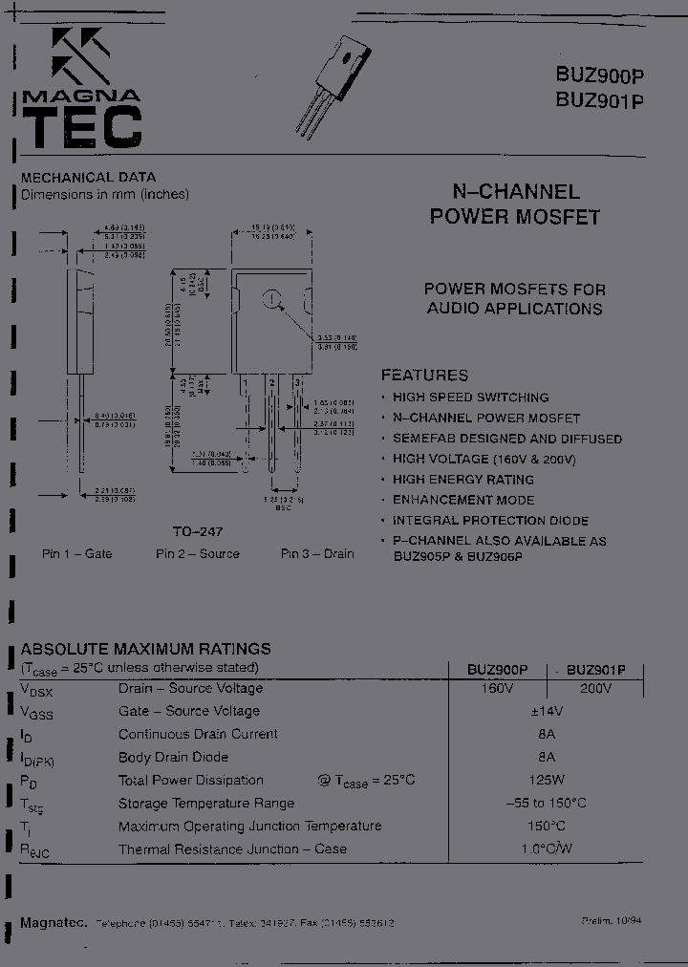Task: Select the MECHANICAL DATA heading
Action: click(x=89, y=177)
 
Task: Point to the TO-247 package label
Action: click(x=198, y=530)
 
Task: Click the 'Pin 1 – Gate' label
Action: click(x=77, y=553)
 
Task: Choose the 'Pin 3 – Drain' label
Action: click(x=317, y=553)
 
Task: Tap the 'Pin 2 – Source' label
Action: click(x=198, y=553)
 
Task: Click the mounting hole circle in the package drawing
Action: click(x=273, y=299)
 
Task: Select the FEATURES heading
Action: click(x=425, y=376)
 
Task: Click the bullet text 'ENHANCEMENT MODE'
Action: click(x=463, y=500)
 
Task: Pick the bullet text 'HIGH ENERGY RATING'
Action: click(x=463, y=479)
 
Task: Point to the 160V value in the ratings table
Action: click(x=497, y=688)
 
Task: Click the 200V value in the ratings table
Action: click(x=595, y=688)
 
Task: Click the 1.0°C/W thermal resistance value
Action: click(x=546, y=849)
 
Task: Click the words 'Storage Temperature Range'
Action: click(x=206, y=803)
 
